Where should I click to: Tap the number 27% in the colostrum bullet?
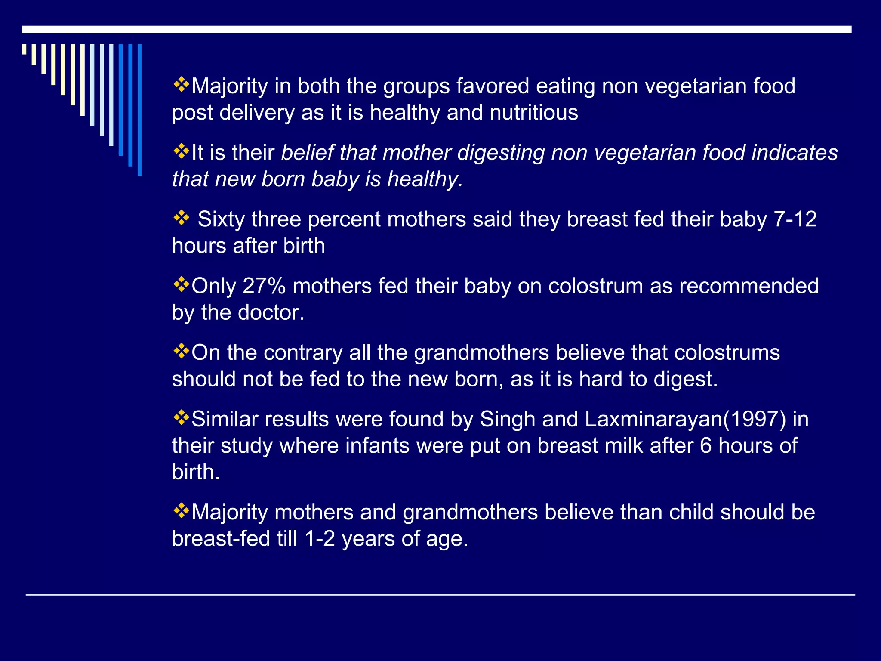(x=264, y=286)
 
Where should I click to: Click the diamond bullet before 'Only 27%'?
(x=181, y=284)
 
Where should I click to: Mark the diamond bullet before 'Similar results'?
(x=181, y=417)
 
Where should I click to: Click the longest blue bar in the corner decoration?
(x=140, y=110)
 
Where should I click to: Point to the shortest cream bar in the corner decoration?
(x=24, y=49)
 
